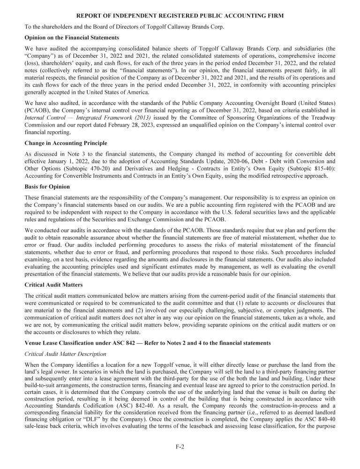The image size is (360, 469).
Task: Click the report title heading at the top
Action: (180, 16)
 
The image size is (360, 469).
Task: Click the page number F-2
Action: (180, 447)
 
